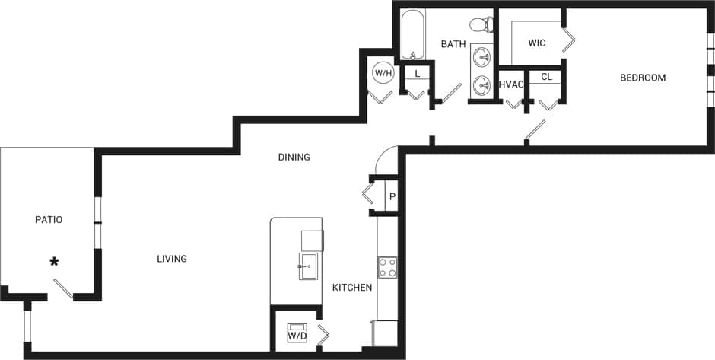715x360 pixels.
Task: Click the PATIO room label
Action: (49, 220)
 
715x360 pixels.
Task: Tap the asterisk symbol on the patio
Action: (54, 263)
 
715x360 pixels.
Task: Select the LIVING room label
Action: (172, 259)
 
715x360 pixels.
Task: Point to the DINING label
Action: (294, 158)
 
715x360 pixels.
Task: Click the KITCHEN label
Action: (352, 288)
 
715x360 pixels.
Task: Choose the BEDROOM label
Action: (643, 78)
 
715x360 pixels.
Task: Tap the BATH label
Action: (453, 44)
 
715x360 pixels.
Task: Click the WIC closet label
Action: (537, 43)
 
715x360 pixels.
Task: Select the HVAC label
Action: (511, 84)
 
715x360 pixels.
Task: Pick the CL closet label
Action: (546, 77)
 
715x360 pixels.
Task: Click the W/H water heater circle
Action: (383, 74)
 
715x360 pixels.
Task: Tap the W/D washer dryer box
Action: (297, 334)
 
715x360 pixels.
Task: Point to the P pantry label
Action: (392, 196)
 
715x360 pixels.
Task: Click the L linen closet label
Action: (418, 74)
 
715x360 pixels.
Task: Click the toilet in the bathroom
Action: (480, 24)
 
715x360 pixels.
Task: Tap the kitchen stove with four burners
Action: (387, 268)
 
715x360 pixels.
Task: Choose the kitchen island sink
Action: (308, 266)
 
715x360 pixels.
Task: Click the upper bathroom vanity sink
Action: (481, 56)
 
